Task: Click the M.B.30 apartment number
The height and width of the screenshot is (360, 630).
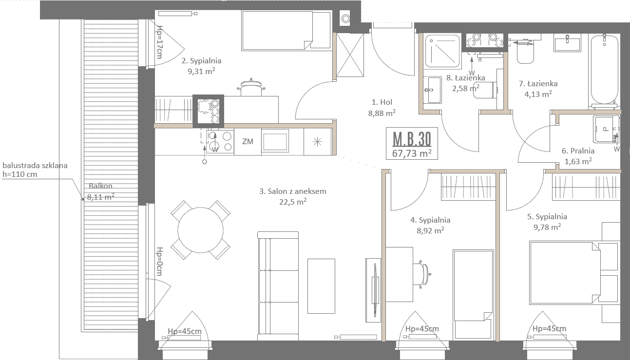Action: [x=412, y=139]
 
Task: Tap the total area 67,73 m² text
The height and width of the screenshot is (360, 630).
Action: [x=412, y=153]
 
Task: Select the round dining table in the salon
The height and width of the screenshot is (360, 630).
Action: [x=201, y=230]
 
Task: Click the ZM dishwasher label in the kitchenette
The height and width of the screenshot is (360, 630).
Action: [x=248, y=141]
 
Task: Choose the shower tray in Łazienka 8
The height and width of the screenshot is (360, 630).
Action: [x=442, y=51]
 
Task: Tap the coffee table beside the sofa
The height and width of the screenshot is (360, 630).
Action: [x=321, y=286]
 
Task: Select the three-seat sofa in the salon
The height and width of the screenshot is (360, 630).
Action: [x=278, y=286]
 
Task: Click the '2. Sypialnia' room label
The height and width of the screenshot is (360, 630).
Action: [x=201, y=61]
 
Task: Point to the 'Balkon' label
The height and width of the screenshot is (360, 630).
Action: [x=100, y=186]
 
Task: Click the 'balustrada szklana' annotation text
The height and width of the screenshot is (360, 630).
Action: [x=35, y=165]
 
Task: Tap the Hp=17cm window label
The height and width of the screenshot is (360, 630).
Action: [x=159, y=42]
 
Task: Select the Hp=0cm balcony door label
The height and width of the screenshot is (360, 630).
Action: [x=159, y=262]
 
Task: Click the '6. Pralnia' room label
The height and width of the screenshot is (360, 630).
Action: [x=578, y=151]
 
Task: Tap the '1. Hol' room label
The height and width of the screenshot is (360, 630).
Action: [x=382, y=102]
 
